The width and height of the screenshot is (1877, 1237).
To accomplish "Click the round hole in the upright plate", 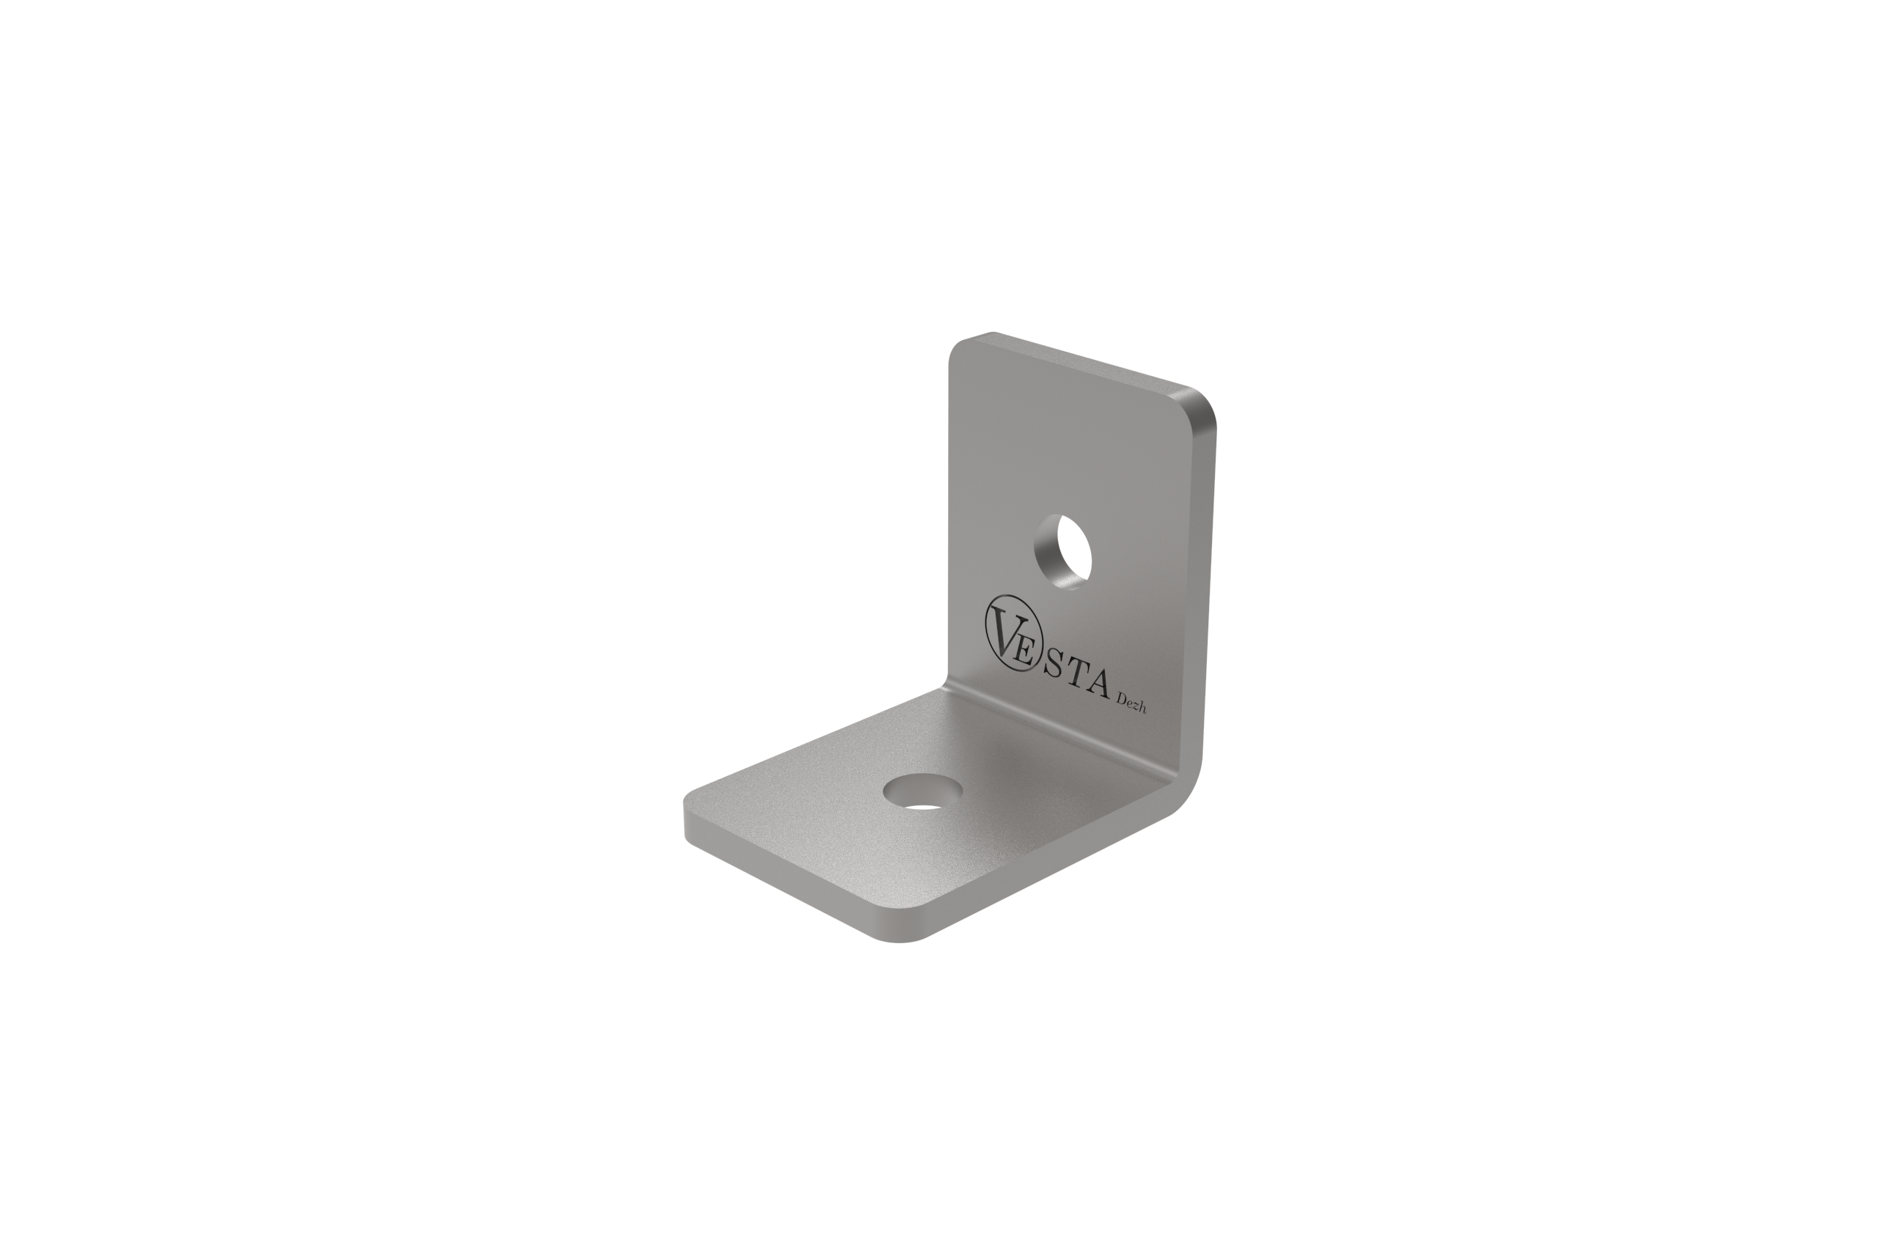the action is tap(1062, 551).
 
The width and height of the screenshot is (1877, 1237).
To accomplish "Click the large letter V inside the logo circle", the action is tap(1003, 630).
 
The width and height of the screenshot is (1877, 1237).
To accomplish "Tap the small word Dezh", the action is tap(1131, 704).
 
